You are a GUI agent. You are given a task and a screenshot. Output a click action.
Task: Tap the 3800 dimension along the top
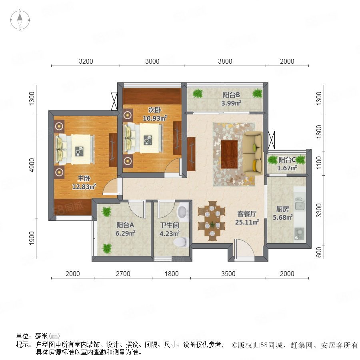click(x=225, y=61)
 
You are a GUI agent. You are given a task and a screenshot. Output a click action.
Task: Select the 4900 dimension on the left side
click(x=32, y=165)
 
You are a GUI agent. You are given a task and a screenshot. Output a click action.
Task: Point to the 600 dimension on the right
click(x=319, y=252)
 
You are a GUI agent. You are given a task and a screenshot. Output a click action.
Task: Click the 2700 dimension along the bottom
click(x=123, y=274)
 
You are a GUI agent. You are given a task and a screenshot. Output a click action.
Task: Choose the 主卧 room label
click(x=84, y=178)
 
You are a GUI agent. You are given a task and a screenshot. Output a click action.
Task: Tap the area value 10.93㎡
click(x=155, y=118)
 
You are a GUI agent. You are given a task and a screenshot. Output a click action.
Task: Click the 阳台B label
click(x=231, y=94)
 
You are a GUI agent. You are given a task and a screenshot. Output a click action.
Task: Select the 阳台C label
click(x=287, y=160)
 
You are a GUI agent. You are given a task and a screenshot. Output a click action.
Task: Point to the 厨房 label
click(x=282, y=209)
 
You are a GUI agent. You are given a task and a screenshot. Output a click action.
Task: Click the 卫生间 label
click(x=170, y=225)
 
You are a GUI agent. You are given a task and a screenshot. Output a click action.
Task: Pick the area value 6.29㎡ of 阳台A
click(x=125, y=233)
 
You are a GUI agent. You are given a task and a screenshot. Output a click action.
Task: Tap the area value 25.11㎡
click(x=247, y=222)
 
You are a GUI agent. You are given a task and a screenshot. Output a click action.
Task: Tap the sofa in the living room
click(x=253, y=153)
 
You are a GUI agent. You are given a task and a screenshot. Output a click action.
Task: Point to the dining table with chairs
click(x=212, y=221)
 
